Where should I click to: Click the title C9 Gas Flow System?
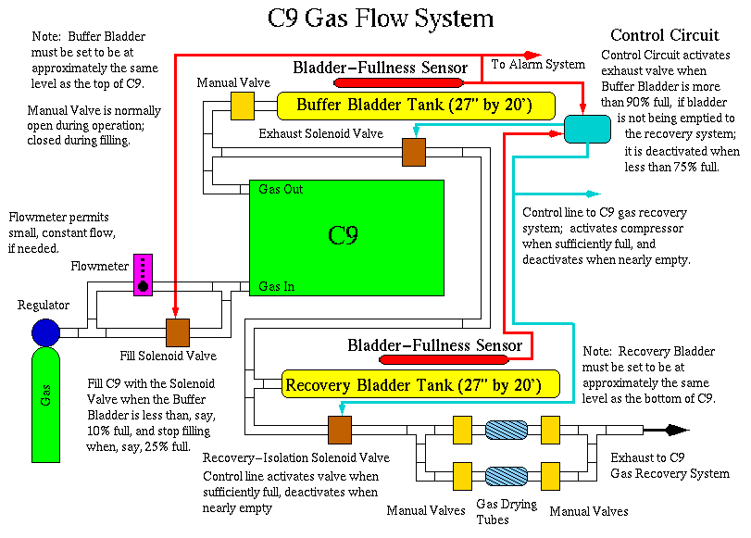[x=380, y=19]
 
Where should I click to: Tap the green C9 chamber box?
[x=345, y=236]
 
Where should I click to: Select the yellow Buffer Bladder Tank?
[x=415, y=105]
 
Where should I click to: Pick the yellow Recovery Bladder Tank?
[x=410, y=384]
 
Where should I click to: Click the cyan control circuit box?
[x=589, y=130]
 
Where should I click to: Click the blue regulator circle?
[x=45, y=332]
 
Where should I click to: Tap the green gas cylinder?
[x=45, y=407]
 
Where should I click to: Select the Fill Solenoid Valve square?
[x=177, y=332]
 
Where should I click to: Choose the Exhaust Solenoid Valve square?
[x=414, y=153]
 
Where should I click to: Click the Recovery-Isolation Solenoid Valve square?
[x=340, y=430]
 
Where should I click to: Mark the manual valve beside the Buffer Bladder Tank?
[x=242, y=106]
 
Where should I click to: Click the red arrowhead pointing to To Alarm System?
[x=532, y=55]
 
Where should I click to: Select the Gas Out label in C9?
[x=281, y=189]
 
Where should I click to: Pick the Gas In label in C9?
[x=277, y=286]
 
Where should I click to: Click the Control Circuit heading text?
[x=665, y=36]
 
